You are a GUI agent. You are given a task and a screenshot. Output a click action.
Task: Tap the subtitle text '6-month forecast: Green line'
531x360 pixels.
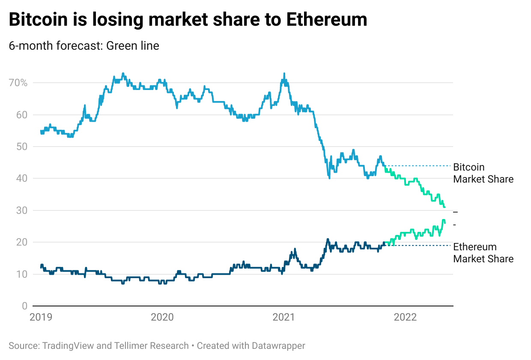coord(84,45)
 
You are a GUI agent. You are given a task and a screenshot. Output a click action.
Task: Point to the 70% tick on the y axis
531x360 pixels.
coord(18,83)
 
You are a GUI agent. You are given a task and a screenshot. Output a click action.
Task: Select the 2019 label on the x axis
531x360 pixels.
coord(41,317)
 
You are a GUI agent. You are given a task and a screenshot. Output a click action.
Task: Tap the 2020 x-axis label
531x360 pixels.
coord(162,317)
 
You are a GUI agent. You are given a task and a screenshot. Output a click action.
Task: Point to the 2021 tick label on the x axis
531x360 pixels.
coord(284,317)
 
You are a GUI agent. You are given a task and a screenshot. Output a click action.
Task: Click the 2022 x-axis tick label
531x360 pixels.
coord(405,317)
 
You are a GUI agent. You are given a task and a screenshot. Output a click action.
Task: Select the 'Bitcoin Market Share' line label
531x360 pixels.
coord(483,173)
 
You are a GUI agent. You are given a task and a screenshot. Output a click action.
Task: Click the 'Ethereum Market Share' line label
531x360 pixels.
coord(483,253)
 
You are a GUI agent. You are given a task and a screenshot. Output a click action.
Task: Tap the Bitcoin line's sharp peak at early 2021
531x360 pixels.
coord(284,74)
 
